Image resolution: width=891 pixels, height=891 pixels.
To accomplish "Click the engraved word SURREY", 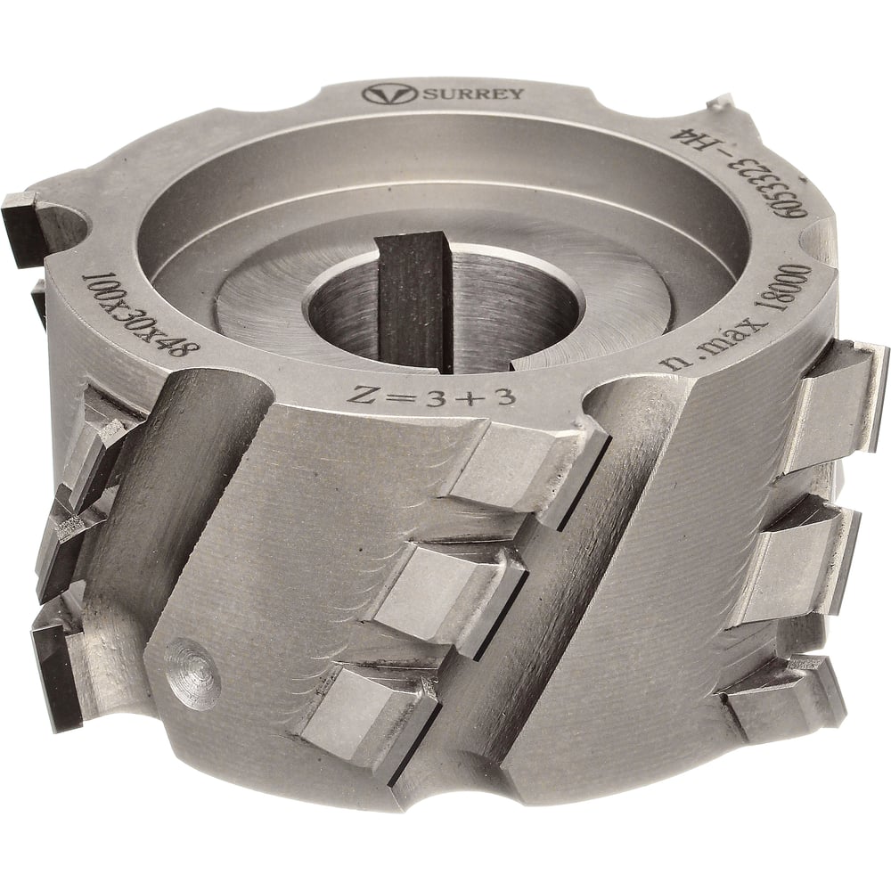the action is coord(473,94).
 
